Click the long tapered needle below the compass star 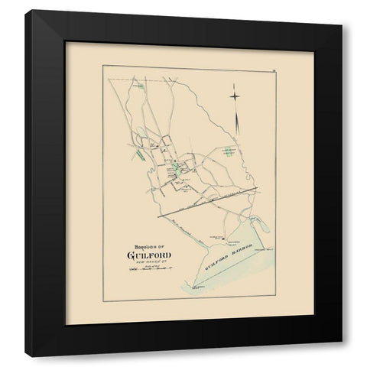pos(239,122)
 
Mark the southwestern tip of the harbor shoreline pos(186,295)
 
